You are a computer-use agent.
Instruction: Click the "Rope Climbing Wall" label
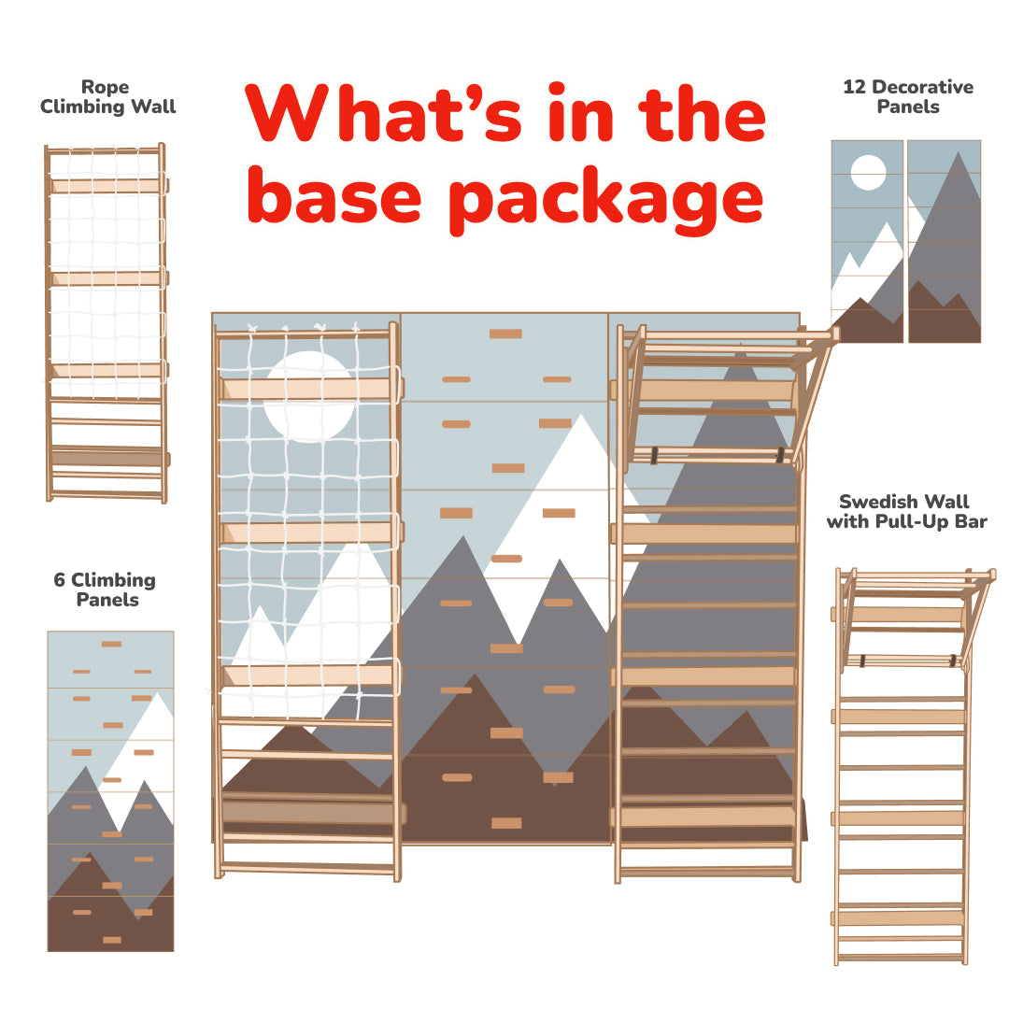click(107, 97)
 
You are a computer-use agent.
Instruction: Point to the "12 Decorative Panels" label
click(907, 96)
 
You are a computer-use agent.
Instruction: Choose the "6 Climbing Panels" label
click(105, 590)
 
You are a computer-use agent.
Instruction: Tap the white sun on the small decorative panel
click(868, 173)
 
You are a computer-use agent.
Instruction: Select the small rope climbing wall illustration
click(107, 322)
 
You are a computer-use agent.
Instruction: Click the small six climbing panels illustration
click(110, 790)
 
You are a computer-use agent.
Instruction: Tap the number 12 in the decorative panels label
click(854, 87)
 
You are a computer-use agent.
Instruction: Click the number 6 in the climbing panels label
click(60, 580)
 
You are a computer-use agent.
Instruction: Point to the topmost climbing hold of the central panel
click(505, 334)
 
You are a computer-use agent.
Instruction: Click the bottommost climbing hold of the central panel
click(505, 823)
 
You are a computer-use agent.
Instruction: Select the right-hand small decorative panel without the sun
click(944, 241)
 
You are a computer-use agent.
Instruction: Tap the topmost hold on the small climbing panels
click(111, 644)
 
